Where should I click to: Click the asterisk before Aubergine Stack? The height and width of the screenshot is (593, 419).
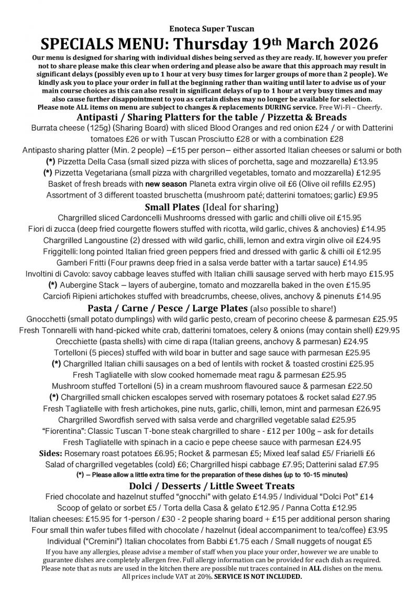pos(52,285)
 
